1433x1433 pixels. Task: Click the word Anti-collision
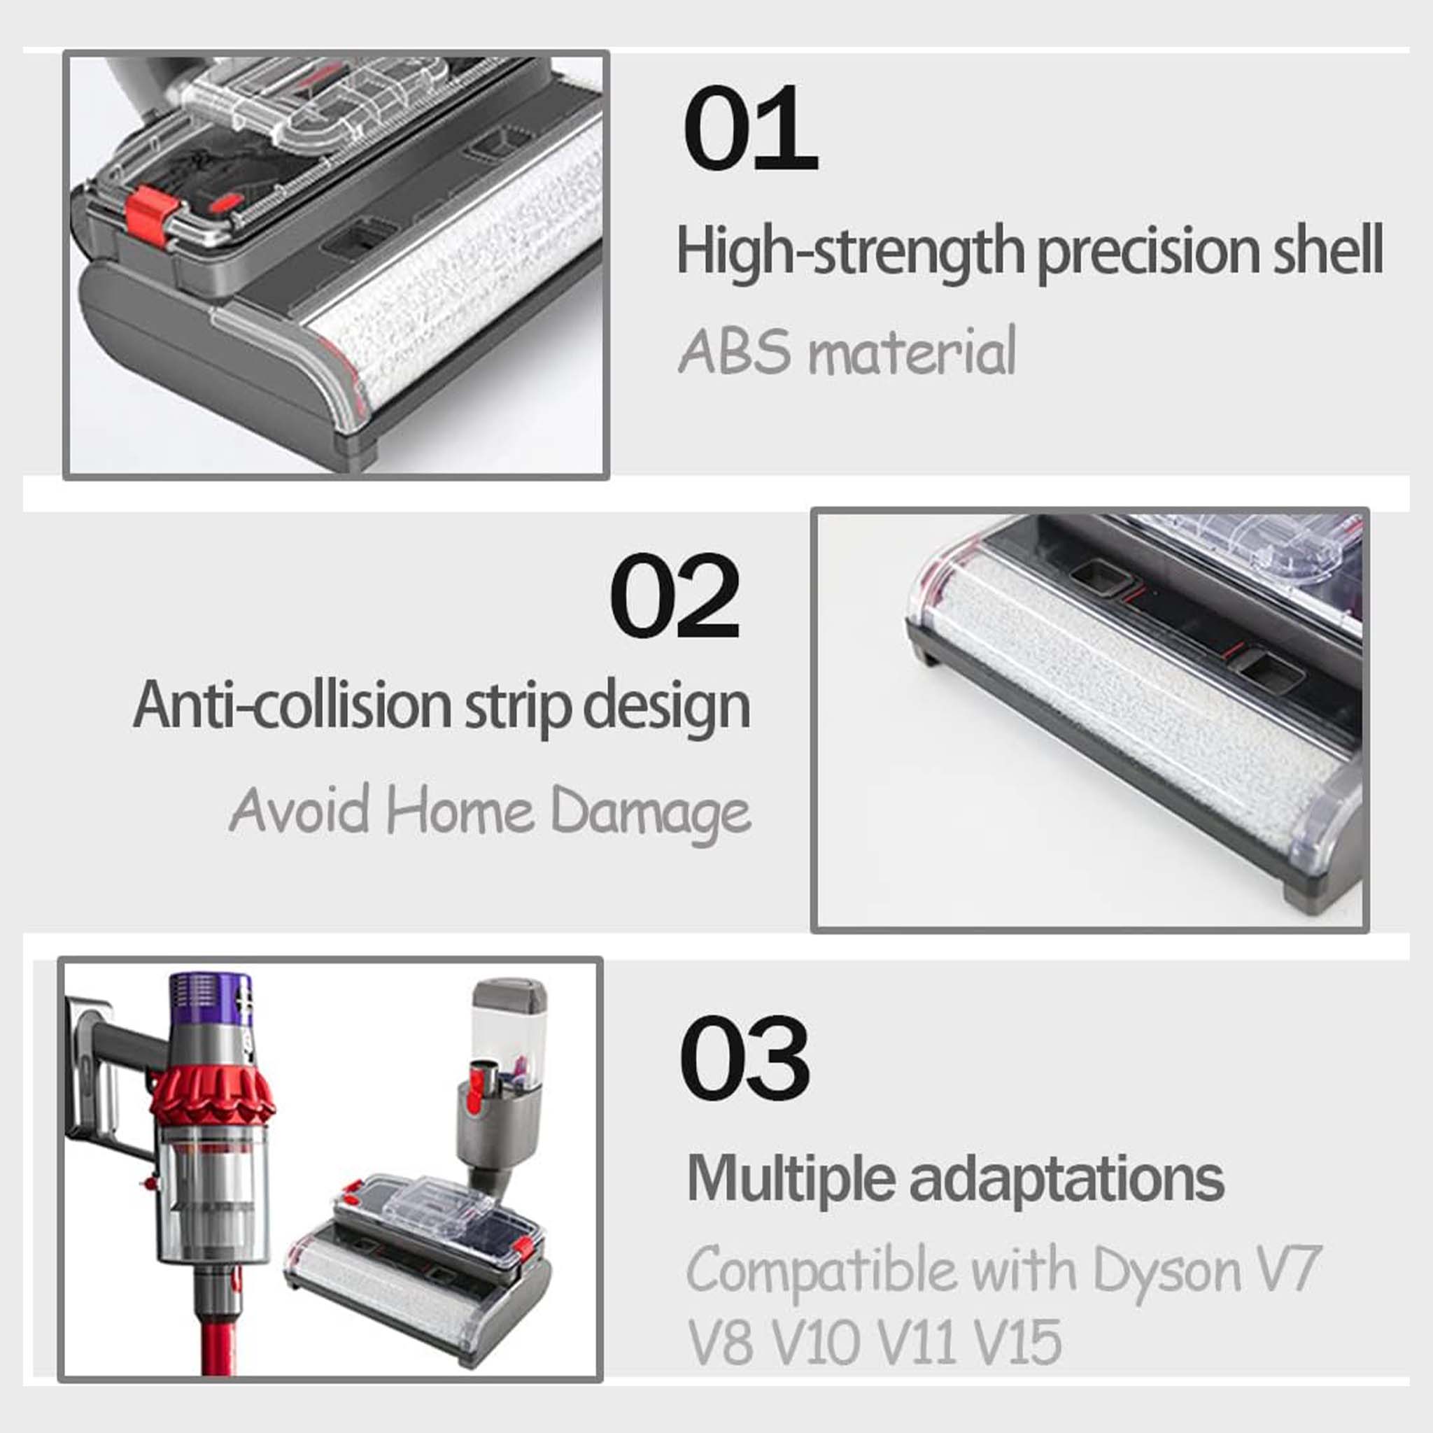[292, 706]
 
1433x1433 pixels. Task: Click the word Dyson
[1166, 1271]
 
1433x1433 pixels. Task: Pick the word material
[912, 353]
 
